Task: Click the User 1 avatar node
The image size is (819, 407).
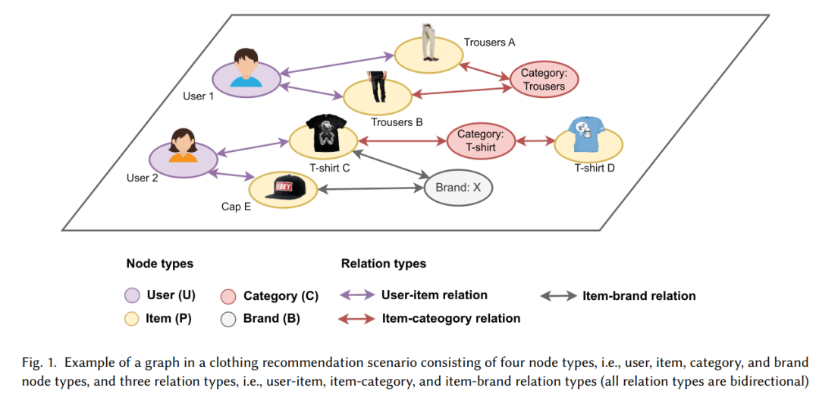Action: coord(246,79)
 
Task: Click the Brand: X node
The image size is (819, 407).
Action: coord(458,188)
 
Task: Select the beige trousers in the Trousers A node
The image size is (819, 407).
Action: coord(428,42)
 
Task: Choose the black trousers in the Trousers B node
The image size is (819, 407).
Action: coord(377,87)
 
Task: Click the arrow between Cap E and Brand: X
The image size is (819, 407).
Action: coord(370,189)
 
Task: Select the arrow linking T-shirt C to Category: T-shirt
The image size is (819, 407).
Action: coord(402,141)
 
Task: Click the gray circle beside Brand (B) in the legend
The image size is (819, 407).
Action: coord(229,319)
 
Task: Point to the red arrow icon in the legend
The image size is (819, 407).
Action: coord(356,319)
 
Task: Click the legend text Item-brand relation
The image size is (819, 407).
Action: coord(639,296)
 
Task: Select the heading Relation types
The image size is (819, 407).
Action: coord(384,263)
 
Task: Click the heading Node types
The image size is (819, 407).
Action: coord(160,263)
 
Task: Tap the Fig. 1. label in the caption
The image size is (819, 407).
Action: coord(36,362)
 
